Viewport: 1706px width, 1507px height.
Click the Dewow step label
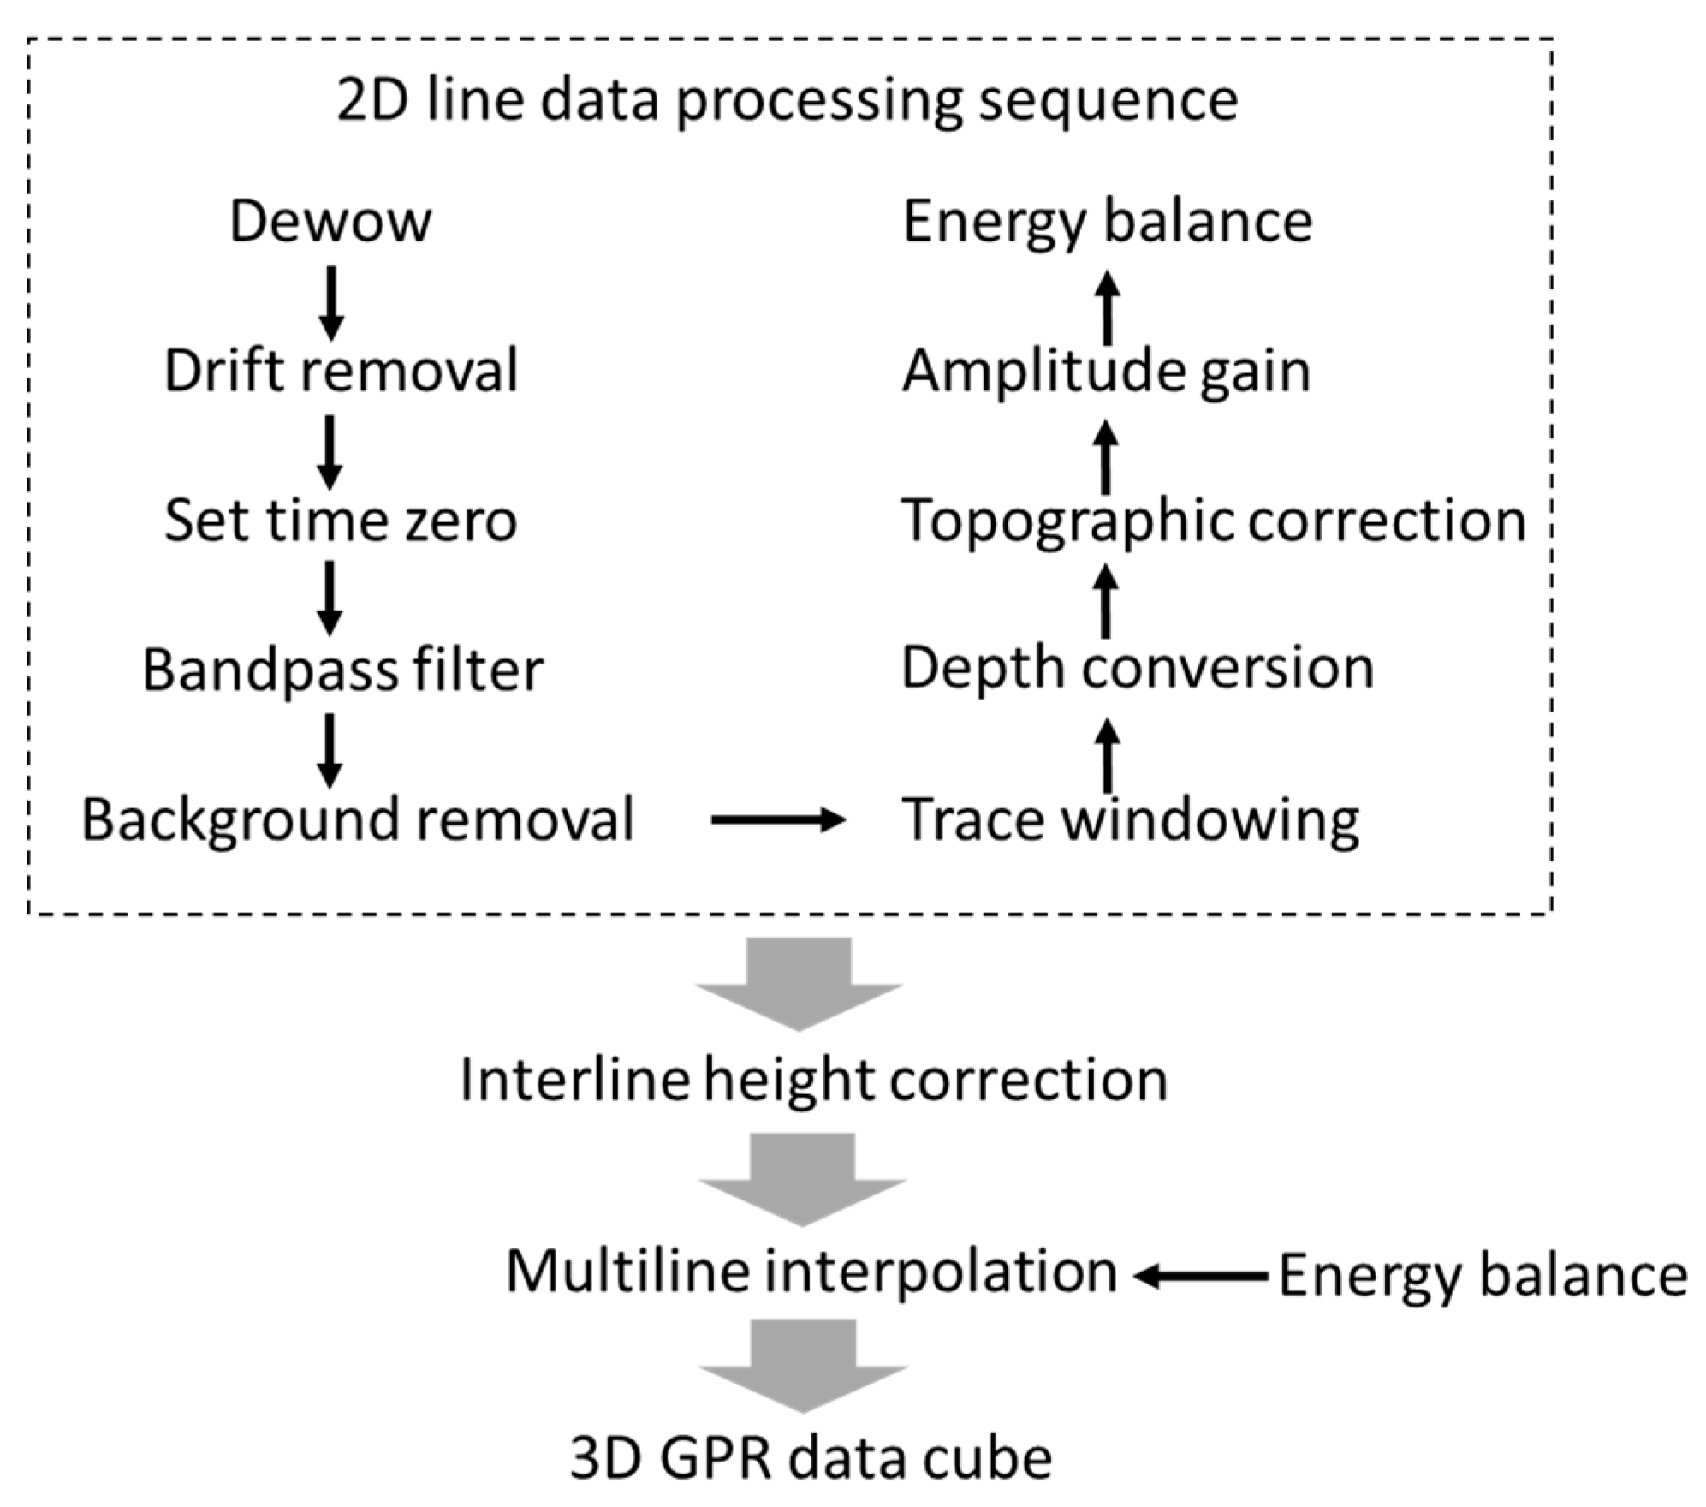330,222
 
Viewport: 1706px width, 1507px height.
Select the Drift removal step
341,371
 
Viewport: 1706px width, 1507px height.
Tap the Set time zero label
341,520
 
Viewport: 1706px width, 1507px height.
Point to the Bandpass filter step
342,669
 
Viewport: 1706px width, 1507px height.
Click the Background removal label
358,819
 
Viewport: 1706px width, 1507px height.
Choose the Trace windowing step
1130,819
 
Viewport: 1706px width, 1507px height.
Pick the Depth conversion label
1137,668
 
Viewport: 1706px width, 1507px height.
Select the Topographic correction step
1213,520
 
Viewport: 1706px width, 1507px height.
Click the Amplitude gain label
1106,371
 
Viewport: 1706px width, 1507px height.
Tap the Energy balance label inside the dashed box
1108,222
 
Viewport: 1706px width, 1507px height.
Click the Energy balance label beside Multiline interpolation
1483,1276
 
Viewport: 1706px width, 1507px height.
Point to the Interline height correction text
813,1079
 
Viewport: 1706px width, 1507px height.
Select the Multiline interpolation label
811,1271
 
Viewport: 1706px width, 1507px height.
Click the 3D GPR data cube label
811,1458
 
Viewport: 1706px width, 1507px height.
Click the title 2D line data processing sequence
787,99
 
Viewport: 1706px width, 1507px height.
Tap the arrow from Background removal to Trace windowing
777,820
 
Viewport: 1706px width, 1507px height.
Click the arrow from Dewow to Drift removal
331,302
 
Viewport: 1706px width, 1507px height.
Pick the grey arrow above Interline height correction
800,983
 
